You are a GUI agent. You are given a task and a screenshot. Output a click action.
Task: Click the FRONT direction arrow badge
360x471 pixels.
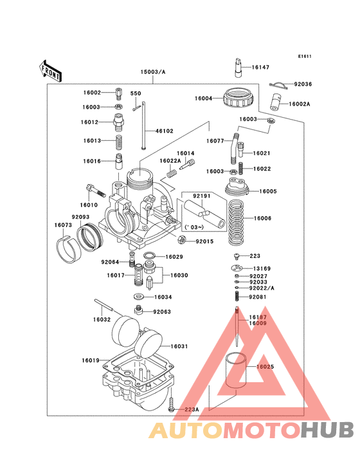pos(51,70)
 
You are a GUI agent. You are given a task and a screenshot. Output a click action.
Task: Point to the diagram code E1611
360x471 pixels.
pos(305,56)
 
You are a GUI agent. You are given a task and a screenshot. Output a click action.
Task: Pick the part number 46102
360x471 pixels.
pos(165,131)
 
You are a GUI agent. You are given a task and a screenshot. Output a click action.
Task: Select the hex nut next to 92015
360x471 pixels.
pos(182,241)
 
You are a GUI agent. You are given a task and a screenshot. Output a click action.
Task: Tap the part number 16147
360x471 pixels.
pos(260,67)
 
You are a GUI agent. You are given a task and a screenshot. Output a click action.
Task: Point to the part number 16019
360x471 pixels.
pos(90,360)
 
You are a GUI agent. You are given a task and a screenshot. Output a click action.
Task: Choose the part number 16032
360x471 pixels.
pos(102,319)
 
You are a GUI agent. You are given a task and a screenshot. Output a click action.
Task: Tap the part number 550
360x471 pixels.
pos(136,94)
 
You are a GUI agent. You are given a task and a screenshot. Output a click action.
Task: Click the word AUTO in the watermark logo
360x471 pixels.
pos(186,430)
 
